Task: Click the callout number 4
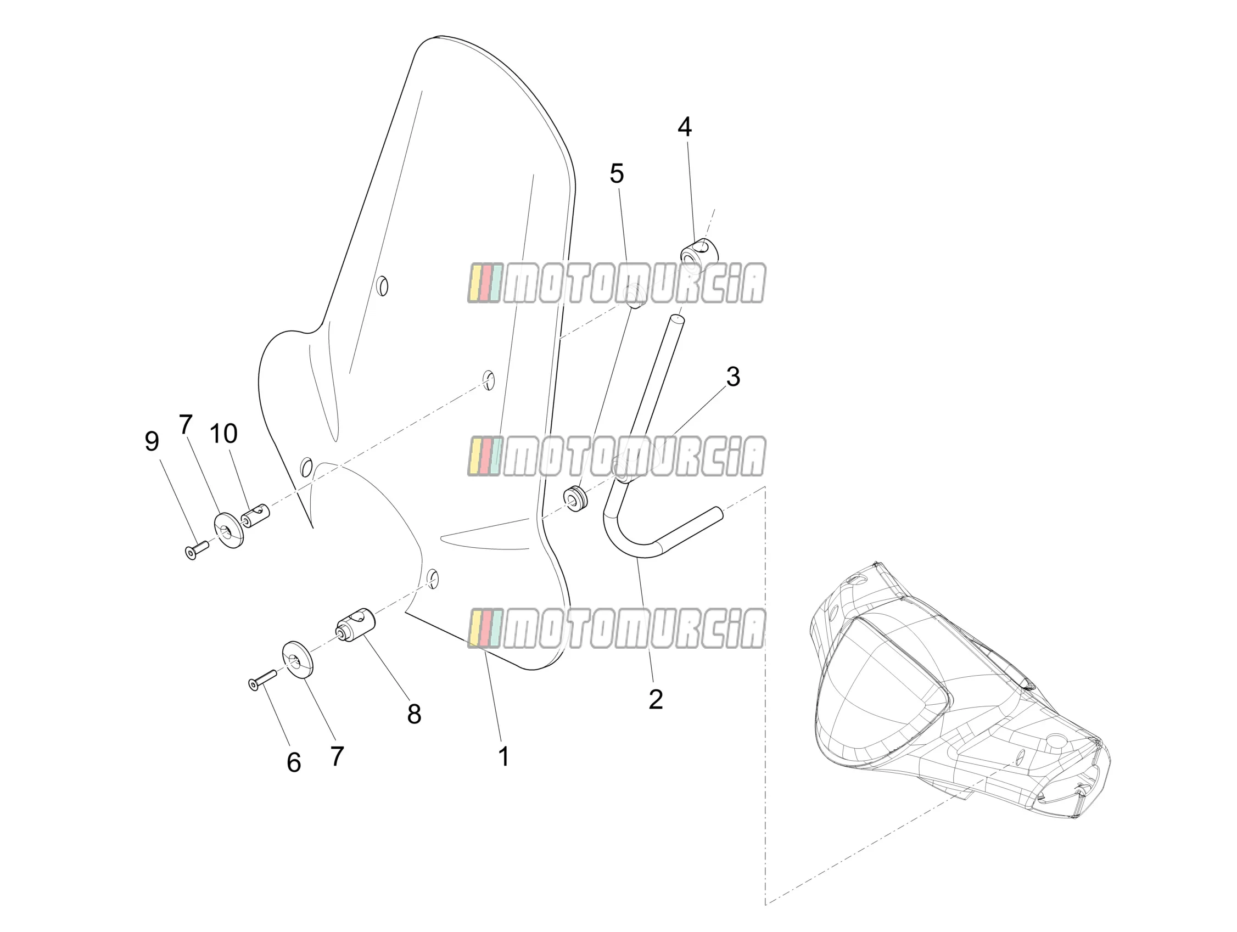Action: click(x=685, y=127)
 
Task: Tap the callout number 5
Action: click(x=617, y=174)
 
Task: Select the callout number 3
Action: click(x=733, y=378)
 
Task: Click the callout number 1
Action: click(x=504, y=756)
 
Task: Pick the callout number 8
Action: click(x=414, y=714)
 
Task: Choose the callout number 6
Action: click(x=294, y=762)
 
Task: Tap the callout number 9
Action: click(x=152, y=442)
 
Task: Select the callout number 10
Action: click(x=223, y=433)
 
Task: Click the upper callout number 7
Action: click(x=186, y=424)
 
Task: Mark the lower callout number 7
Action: click(x=337, y=756)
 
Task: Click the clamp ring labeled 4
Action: click(x=699, y=252)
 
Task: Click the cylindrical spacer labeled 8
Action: click(x=355, y=625)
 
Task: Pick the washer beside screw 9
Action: click(x=230, y=529)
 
